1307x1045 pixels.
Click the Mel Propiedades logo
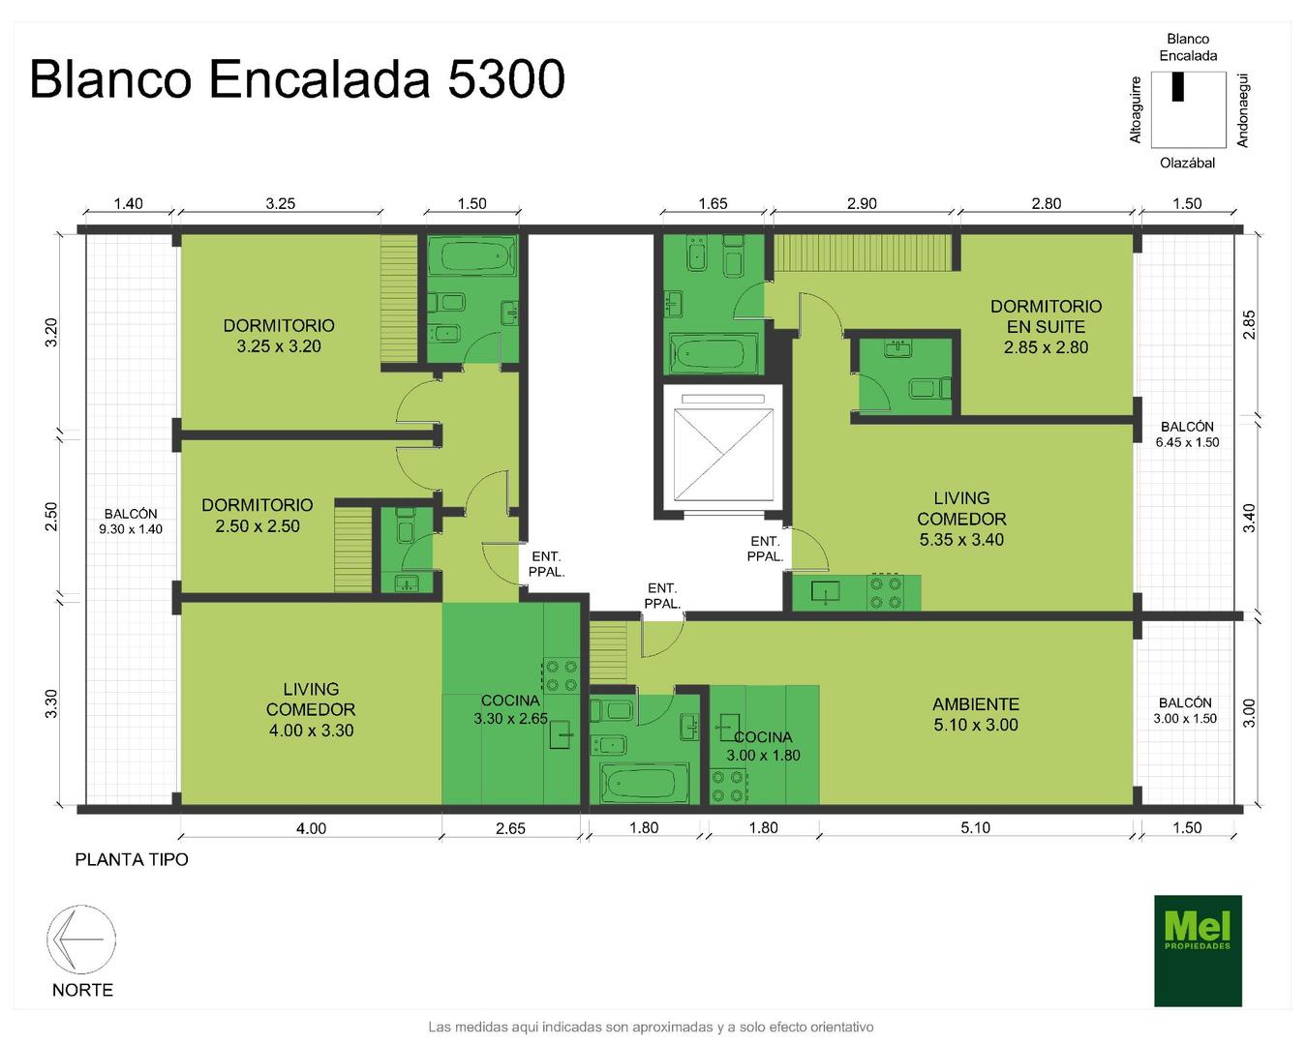(1198, 950)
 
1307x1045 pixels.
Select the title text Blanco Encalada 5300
(297, 79)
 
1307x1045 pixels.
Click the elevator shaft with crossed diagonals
(723, 455)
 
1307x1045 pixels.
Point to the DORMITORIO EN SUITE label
(1046, 327)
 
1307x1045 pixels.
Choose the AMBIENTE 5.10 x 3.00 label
(975, 714)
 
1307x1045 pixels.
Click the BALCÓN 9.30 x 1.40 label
(131, 521)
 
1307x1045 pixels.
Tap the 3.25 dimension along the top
(281, 203)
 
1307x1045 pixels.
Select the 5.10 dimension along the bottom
(975, 827)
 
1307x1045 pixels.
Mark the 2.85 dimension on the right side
(1249, 325)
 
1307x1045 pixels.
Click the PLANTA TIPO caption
(132, 859)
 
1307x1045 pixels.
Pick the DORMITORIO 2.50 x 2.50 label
(258, 515)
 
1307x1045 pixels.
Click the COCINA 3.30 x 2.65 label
(510, 709)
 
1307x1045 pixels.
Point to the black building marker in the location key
(1177, 87)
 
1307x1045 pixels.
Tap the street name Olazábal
(1187, 163)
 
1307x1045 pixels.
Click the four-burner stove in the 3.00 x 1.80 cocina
(728, 786)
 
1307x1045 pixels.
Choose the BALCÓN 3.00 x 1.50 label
(1185, 710)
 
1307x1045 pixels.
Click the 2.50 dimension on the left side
(51, 516)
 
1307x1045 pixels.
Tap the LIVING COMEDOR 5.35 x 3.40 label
(961, 519)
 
